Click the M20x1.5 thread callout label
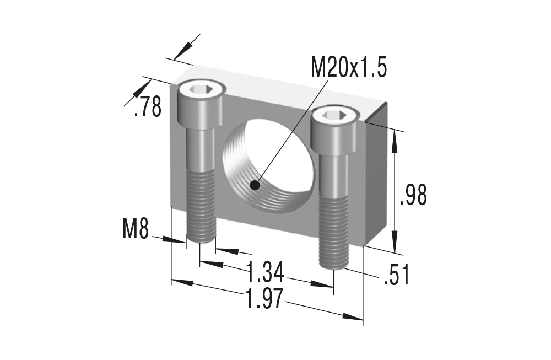coord(349,68)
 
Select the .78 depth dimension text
coord(148,106)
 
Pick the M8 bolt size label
coord(136,229)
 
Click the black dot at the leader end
coord(255,186)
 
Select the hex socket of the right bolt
coord(334,115)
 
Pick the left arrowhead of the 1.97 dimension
coord(182,282)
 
